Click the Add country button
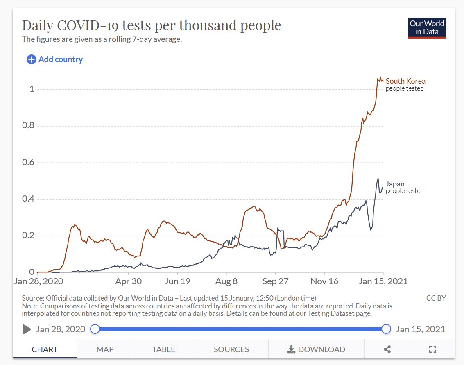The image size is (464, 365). [x=55, y=59]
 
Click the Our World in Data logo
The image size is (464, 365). [x=427, y=28]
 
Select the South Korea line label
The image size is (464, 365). [x=405, y=81]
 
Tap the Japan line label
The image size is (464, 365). [x=395, y=184]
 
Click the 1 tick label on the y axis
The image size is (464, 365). [x=32, y=89]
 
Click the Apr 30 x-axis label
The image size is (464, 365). [x=129, y=281]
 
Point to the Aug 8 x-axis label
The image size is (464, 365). [x=226, y=281]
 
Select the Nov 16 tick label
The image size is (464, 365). [x=324, y=281]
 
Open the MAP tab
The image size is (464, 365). [x=105, y=349]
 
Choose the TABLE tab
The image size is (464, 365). [x=163, y=349]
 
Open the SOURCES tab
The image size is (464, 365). [x=231, y=349]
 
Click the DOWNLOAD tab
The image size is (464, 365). [x=316, y=349]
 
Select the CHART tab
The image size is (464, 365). [x=45, y=349]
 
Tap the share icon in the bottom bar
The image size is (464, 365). [x=387, y=349]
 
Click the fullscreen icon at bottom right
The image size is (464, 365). [x=432, y=349]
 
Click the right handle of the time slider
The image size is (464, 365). [x=386, y=329]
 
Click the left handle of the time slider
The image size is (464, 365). [x=95, y=329]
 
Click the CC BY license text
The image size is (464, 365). [x=436, y=298]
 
